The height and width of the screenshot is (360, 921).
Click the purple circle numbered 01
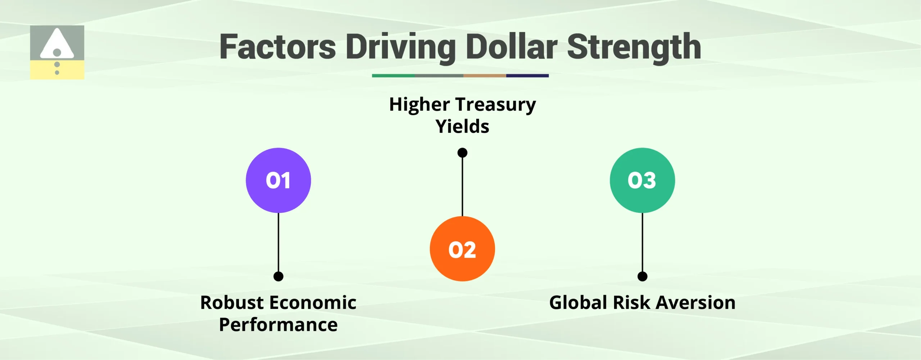coord(278,180)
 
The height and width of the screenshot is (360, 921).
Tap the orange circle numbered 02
coord(462,249)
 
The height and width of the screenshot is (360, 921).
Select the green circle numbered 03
coord(642,180)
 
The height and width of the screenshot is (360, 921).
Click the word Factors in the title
coord(277,47)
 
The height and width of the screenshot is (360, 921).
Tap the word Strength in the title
coord(634,47)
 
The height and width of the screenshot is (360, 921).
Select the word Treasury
coord(496,105)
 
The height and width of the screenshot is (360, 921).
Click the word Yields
coord(462,127)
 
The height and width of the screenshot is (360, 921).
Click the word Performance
coord(278,325)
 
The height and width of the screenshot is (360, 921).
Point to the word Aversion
coord(696,302)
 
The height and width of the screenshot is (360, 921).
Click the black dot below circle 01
coord(278,276)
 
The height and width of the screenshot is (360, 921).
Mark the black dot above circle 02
coord(462,153)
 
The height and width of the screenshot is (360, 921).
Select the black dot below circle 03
coord(642,276)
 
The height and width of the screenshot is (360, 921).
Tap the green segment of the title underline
coord(393,76)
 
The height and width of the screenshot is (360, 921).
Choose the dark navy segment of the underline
coord(527,76)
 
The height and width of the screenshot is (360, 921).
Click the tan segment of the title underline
coord(485,76)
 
